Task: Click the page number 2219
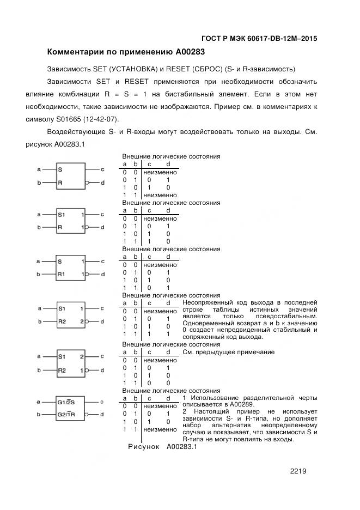pos(298,471)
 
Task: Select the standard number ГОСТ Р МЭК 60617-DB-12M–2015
pos(259,39)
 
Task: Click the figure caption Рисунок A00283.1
pos(161,447)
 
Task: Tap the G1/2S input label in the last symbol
pos(67,402)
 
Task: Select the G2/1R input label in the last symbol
pos(67,415)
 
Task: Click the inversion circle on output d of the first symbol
pos(88,183)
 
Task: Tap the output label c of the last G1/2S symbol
pos(102,402)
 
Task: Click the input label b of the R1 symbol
pos(39,274)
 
